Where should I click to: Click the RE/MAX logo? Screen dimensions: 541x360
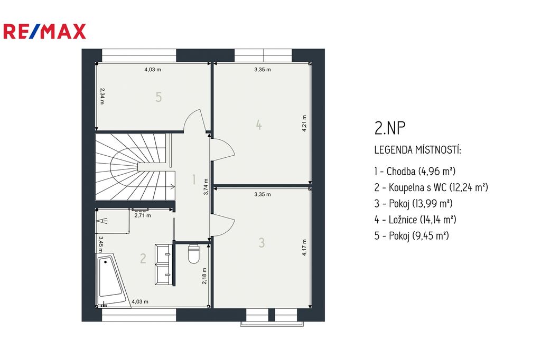coord(44,31)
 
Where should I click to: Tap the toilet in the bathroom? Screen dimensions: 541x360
coord(194,254)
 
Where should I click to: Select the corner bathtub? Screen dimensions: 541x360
coord(111,280)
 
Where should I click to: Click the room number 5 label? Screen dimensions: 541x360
coord(158,97)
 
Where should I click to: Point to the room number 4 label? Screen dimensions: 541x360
coord(259,125)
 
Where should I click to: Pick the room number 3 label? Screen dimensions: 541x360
coord(262,242)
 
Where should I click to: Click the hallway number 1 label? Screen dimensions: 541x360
coord(194,179)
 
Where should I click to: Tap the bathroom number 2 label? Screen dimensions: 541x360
coord(143,258)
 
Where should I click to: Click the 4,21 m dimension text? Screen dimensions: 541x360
coord(304,124)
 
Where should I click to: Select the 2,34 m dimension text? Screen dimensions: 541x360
coord(102,96)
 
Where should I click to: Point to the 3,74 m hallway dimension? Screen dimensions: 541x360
coord(206,187)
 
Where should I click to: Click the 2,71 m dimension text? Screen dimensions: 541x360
coord(143,215)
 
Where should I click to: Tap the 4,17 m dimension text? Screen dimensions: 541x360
coord(304,248)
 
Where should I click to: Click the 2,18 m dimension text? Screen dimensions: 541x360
coord(204,276)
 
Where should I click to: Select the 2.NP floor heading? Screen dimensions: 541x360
coord(390,128)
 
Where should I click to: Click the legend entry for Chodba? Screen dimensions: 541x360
coord(415,171)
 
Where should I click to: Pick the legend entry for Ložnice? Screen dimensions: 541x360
coord(415,219)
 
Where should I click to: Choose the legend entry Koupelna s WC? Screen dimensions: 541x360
coord(431,187)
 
